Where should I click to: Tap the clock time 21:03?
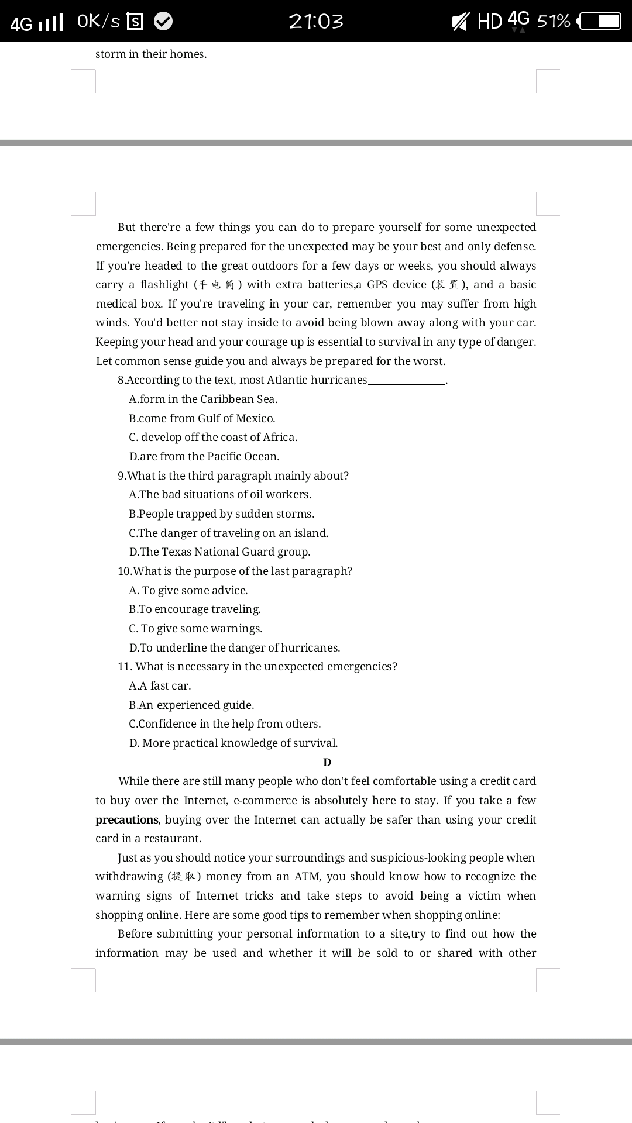click(x=316, y=22)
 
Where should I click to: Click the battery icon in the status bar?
click(x=600, y=22)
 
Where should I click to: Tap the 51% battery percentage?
click(x=553, y=22)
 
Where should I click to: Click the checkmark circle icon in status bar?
click(x=163, y=22)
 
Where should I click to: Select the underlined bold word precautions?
click(x=127, y=819)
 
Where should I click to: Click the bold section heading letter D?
click(x=327, y=762)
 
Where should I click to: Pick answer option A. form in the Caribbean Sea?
click(x=203, y=399)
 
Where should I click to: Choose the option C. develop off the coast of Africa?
click(x=213, y=437)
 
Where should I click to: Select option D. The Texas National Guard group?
click(x=220, y=552)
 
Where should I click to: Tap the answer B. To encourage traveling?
click(x=195, y=609)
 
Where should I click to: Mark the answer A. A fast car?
click(x=160, y=685)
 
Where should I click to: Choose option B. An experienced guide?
click(x=191, y=705)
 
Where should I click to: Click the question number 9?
click(x=121, y=476)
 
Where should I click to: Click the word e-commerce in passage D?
click(x=265, y=800)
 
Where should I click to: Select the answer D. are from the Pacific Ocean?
click(x=204, y=456)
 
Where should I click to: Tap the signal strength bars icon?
click(x=50, y=23)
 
